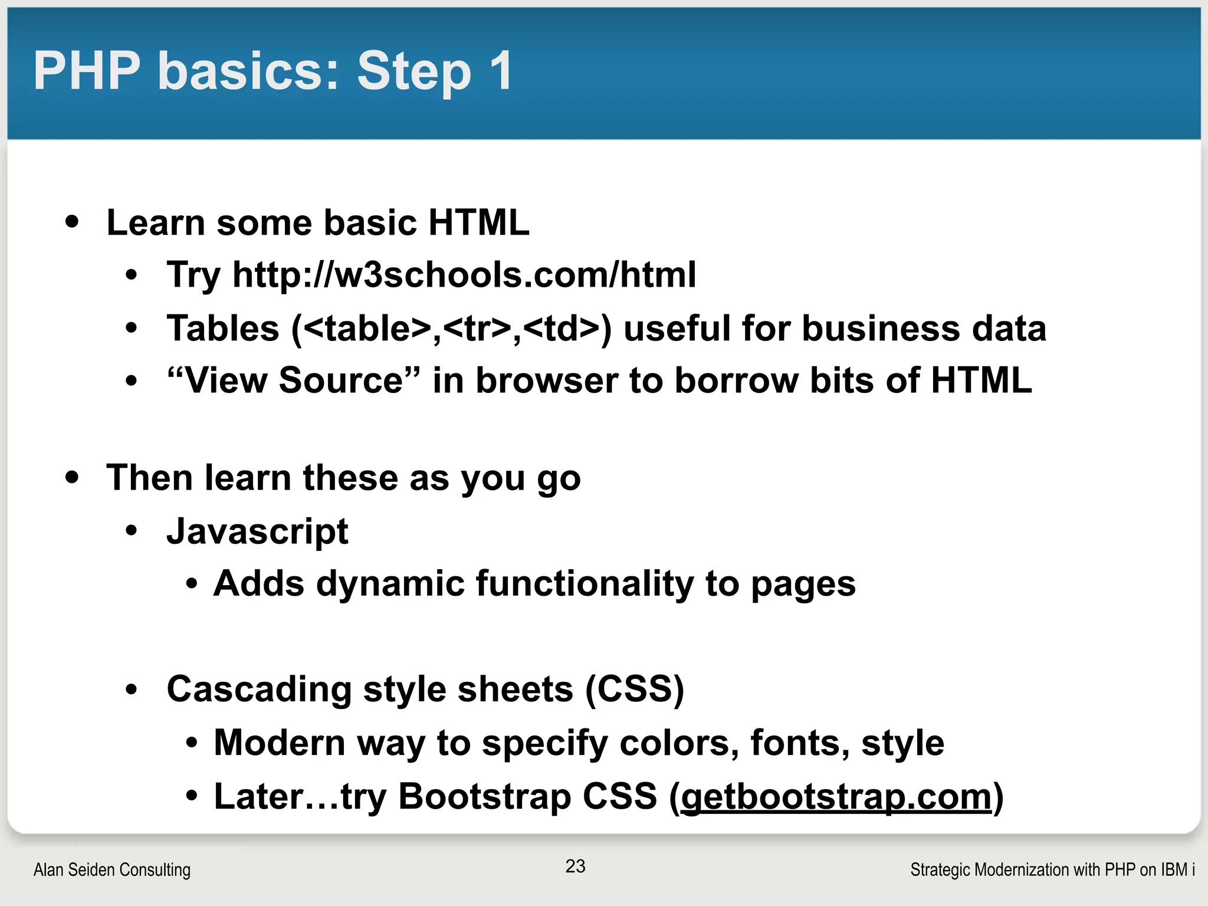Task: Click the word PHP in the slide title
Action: [87, 71]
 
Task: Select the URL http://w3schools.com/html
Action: [464, 275]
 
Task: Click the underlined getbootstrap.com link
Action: [836, 796]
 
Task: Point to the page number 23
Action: [575, 866]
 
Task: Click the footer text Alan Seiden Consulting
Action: [112, 869]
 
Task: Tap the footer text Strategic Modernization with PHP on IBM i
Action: [1052, 869]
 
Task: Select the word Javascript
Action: [258, 531]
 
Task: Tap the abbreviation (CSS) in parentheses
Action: [635, 689]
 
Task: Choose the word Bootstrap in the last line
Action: [485, 796]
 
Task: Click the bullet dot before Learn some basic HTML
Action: [72, 222]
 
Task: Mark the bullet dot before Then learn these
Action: [72, 477]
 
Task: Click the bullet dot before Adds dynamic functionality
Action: [191, 584]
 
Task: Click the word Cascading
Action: [259, 689]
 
